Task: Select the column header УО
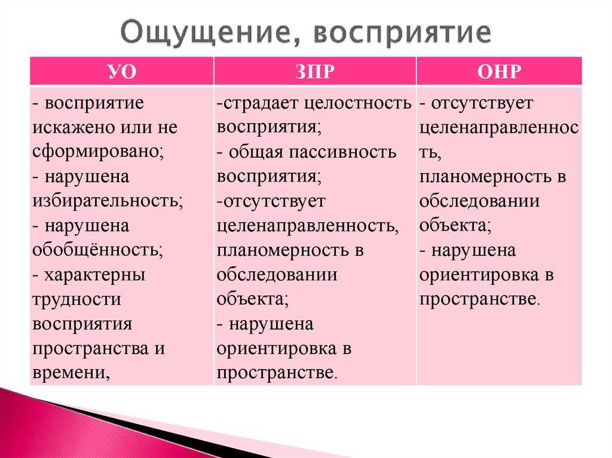click(122, 72)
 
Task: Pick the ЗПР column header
click(314, 72)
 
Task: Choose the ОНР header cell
click(499, 72)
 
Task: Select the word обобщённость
click(97, 250)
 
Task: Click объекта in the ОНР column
click(455, 226)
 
